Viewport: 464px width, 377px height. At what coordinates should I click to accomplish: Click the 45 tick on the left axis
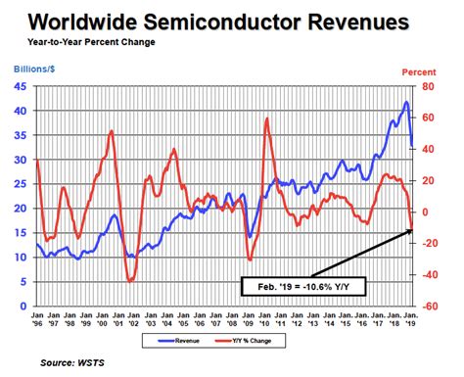(x=20, y=85)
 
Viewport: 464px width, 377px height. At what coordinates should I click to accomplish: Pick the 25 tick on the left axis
(x=20, y=183)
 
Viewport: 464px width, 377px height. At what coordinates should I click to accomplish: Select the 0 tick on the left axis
(x=23, y=306)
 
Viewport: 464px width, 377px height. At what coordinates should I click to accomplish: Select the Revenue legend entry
(x=191, y=343)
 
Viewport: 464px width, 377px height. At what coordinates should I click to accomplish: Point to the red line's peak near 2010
(x=266, y=118)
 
